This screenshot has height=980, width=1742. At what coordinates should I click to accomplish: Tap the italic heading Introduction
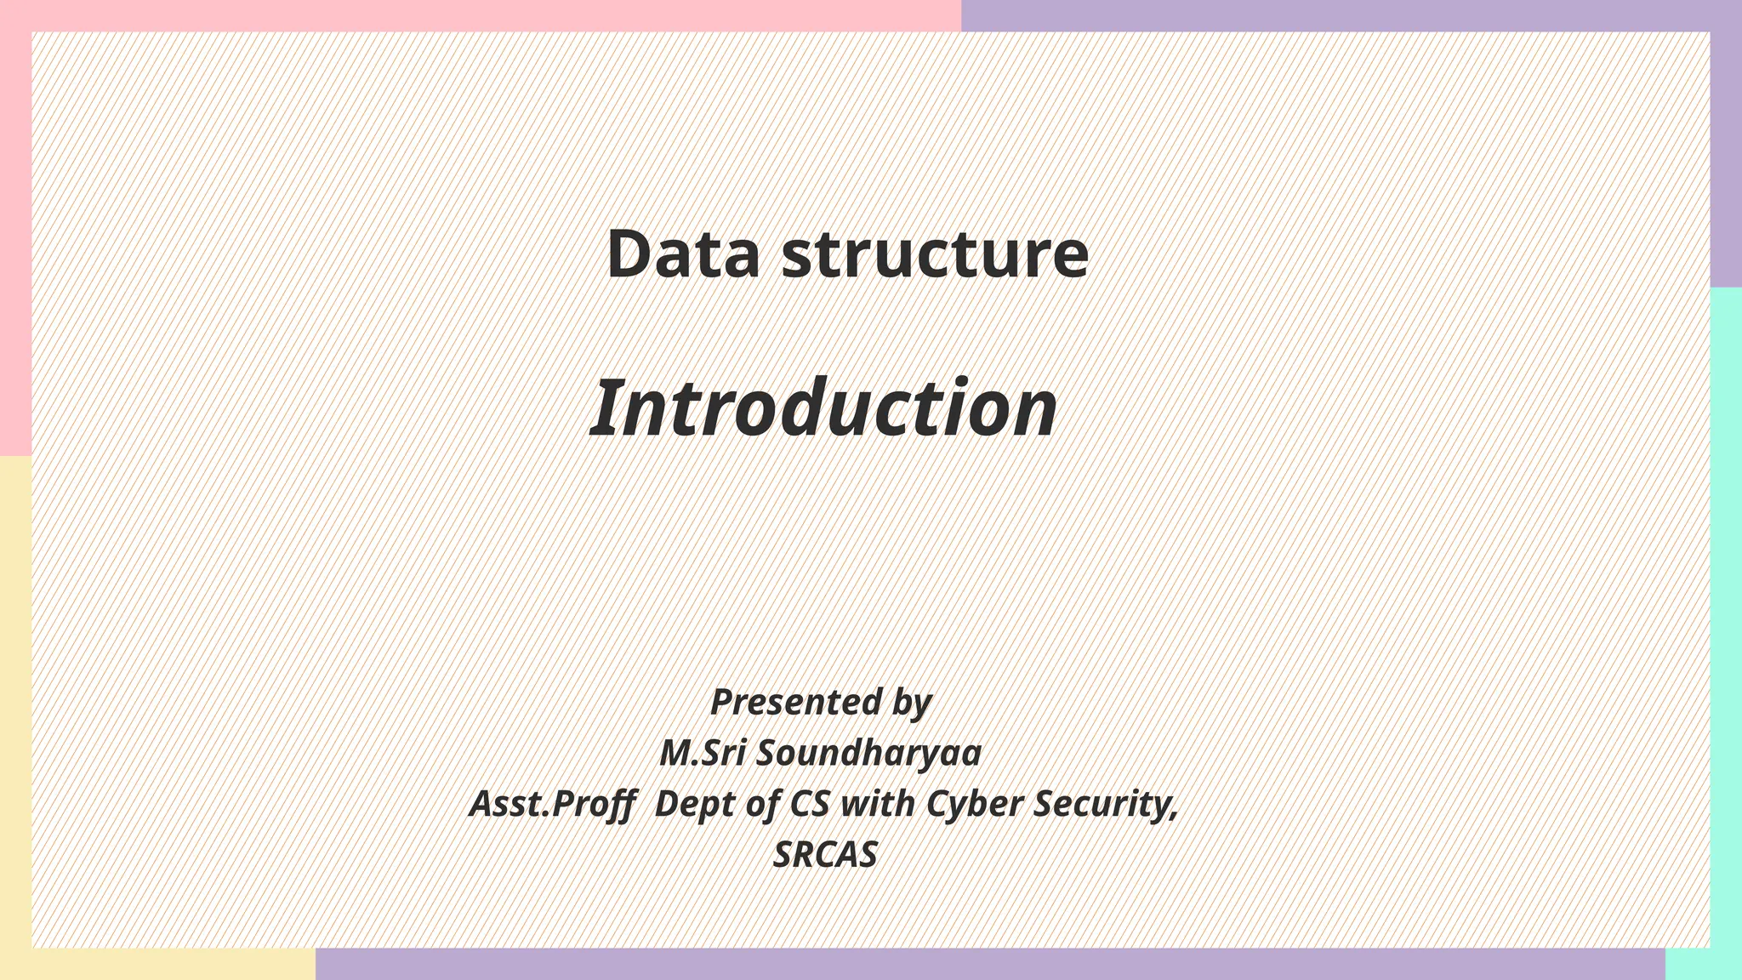(823, 408)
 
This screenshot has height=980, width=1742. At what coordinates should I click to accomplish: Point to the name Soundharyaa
(868, 753)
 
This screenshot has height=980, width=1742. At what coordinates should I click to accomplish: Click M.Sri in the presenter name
(703, 753)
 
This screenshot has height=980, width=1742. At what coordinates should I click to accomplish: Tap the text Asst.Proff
(553, 804)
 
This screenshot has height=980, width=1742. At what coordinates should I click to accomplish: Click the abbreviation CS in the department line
(809, 804)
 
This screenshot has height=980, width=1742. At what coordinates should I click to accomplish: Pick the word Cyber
(974, 804)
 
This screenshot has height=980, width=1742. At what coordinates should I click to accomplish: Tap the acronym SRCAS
(824, 855)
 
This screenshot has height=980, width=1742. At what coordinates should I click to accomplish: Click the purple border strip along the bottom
(987, 965)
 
